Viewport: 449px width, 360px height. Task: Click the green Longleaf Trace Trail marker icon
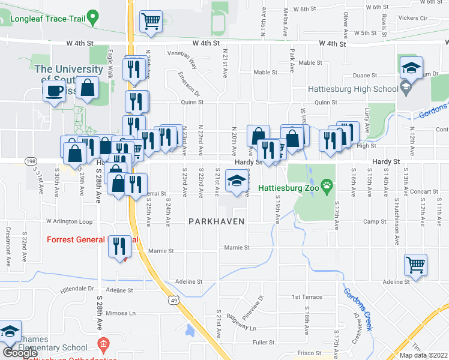tap(92, 17)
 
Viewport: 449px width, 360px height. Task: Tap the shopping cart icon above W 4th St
tap(151, 22)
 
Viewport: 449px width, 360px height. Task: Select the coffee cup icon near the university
tap(54, 91)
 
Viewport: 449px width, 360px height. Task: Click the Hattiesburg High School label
tap(352, 89)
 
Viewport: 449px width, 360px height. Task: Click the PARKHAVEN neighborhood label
tap(216, 221)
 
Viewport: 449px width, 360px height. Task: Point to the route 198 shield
tap(31, 162)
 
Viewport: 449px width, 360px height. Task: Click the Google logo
tap(20, 352)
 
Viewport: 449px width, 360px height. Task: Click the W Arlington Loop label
tap(70, 221)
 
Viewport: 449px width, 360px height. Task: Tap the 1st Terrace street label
tap(307, 297)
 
